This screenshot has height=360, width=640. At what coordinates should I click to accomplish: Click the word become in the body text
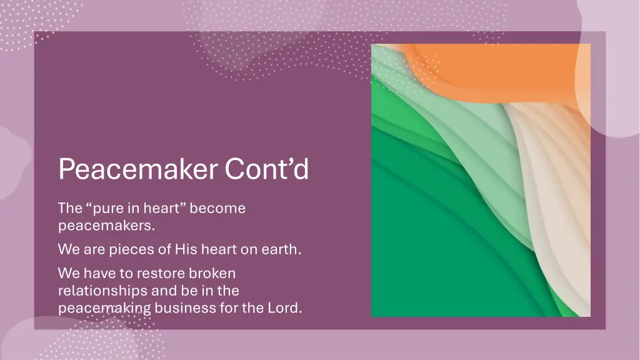point(217,208)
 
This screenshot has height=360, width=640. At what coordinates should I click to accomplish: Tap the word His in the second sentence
point(186,249)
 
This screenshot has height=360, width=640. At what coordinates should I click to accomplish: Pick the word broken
point(212,274)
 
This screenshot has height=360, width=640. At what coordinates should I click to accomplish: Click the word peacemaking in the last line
point(104,308)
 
